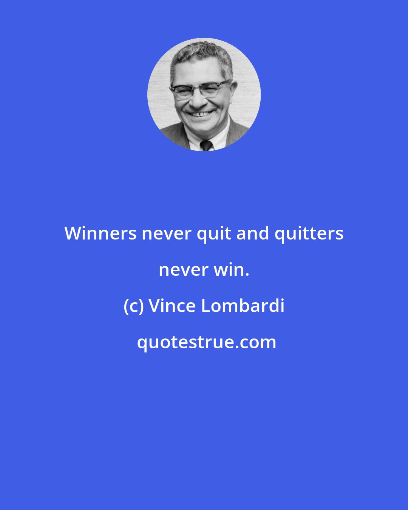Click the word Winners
click(100, 233)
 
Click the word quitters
click(309, 233)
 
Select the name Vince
click(172, 306)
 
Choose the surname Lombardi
click(243, 306)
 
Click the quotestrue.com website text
click(206, 342)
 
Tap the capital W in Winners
click(74, 233)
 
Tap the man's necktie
click(206, 145)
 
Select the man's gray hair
click(202, 53)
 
